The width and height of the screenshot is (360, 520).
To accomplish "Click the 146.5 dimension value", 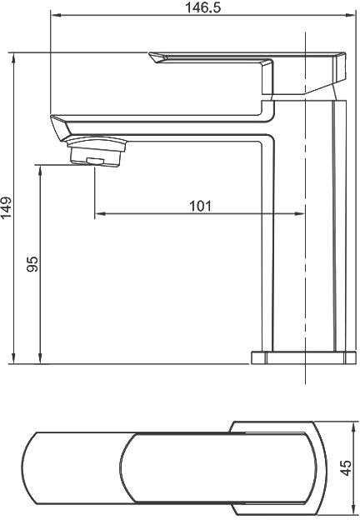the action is [202, 7].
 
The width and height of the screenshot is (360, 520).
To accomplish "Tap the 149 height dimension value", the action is [7, 208].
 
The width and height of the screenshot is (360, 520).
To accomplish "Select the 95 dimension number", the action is [32, 264].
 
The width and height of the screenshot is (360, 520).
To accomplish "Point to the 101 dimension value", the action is [200, 206].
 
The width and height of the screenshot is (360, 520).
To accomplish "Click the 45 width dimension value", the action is [347, 468].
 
